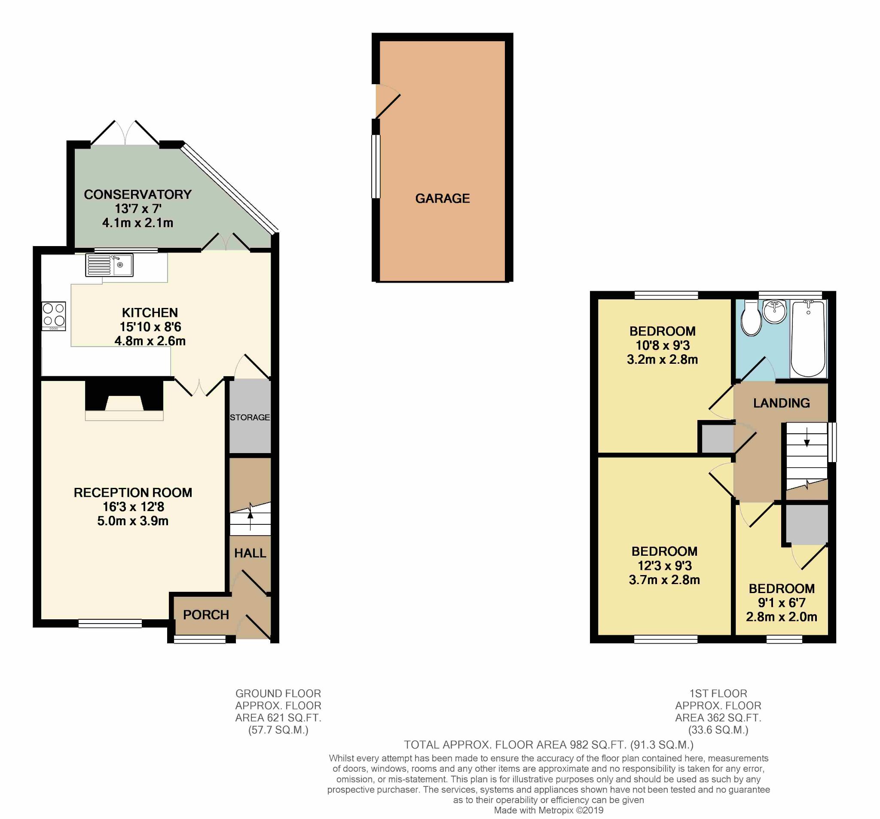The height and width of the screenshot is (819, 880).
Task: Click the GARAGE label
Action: tap(442, 198)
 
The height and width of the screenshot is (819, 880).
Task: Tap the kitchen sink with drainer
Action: tap(109, 265)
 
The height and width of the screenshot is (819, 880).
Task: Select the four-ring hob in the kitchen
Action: tap(54, 316)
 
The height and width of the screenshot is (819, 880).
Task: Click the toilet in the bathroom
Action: tap(751, 318)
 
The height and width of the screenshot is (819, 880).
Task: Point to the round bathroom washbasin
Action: tap(775, 312)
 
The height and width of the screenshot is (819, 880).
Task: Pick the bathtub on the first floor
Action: tap(808, 339)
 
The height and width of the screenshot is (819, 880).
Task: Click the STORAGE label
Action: tap(250, 417)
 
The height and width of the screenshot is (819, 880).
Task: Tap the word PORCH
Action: tap(206, 615)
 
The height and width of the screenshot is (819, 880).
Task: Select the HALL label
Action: tap(250, 553)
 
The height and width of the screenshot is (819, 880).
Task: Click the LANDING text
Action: tap(781, 403)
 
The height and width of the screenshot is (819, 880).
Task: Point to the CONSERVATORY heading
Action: tap(137, 194)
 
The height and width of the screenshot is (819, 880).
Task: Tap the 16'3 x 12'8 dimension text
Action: tap(133, 507)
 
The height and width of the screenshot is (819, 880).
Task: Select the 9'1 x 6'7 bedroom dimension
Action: tap(782, 603)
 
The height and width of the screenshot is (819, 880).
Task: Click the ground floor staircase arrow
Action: tap(251, 516)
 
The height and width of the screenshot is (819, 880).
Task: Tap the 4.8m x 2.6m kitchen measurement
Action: tap(150, 341)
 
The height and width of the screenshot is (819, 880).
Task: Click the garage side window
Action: tap(376, 166)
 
